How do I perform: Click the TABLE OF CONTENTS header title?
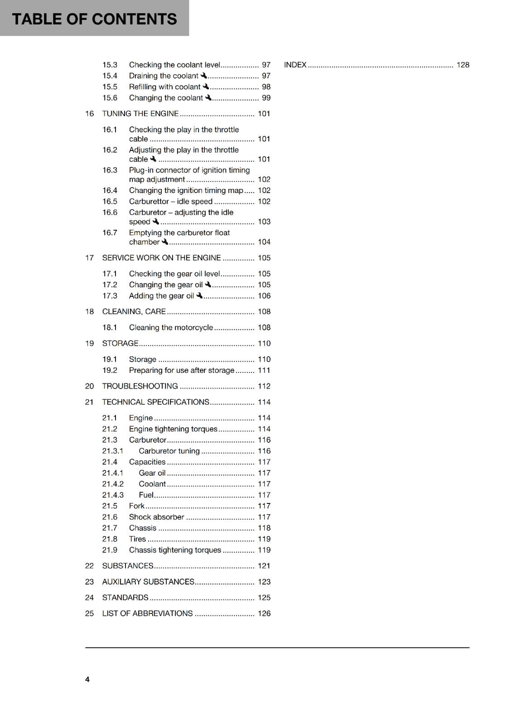point(94,19)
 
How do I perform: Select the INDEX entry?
point(295,65)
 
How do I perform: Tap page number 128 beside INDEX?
point(463,65)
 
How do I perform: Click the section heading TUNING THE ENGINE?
point(140,114)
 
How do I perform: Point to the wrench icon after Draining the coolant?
point(204,76)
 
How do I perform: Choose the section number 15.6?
point(110,98)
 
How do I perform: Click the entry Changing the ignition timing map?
point(186,190)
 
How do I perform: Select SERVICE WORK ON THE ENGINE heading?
point(161,258)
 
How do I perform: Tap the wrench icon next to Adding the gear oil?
point(199,295)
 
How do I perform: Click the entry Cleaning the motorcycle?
point(171,328)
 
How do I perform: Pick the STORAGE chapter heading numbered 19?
point(120,343)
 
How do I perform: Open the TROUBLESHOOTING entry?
point(140,386)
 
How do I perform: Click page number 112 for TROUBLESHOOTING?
point(264,386)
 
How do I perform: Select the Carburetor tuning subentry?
point(169,451)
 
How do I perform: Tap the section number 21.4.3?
point(113,495)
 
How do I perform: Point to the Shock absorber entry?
point(156,517)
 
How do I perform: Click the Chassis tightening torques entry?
point(175,550)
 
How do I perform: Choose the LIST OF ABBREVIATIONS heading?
point(147,614)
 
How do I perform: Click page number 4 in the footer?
point(87,679)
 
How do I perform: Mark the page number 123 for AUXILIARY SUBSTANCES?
point(264,582)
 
